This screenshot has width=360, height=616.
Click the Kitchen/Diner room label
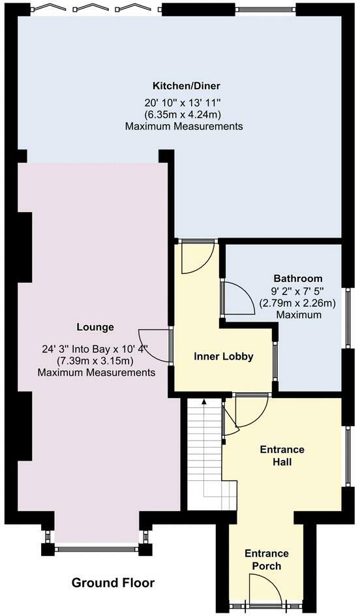tap(187, 85)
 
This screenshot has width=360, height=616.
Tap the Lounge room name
tap(95, 327)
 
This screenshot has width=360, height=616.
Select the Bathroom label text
tap(298, 279)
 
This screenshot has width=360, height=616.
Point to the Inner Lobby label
tap(224, 357)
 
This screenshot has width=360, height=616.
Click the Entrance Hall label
tap(282, 455)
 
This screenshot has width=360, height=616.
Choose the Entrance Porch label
tap(267, 560)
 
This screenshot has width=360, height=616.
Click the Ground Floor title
tap(113, 583)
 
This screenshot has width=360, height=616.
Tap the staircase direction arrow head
tap(203, 401)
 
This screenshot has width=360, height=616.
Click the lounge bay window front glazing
tap(96, 549)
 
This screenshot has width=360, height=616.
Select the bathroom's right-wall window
tap(348, 318)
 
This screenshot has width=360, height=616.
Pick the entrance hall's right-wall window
tap(348, 457)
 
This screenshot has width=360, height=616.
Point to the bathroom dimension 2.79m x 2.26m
tap(298, 303)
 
